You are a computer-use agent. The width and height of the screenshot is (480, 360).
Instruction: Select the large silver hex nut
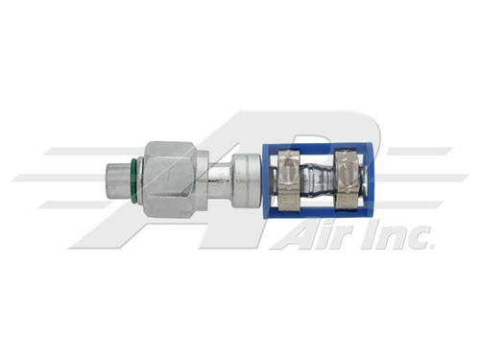click(x=170, y=177)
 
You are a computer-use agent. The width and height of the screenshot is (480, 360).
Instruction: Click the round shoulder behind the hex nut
click(x=204, y=178)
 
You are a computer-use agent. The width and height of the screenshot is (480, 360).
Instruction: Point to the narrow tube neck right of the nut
click(x=220, y=179)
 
